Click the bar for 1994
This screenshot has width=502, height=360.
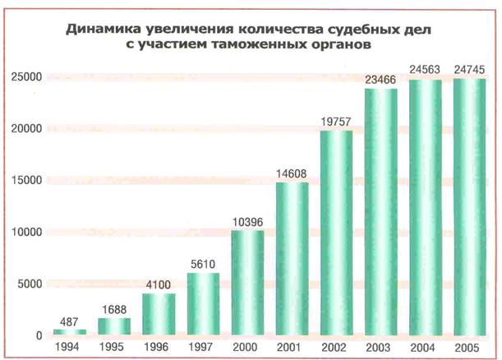tap(70, 332)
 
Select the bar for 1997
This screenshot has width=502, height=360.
tap(203, 305)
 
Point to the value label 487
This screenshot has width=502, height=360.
tap(70, 321)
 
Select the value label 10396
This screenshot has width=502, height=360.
tap(247, 220)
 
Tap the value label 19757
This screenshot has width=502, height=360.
tap(335, 122)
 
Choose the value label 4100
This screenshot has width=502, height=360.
tap(159, 284)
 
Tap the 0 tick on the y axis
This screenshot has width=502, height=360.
tap(39, 335)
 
